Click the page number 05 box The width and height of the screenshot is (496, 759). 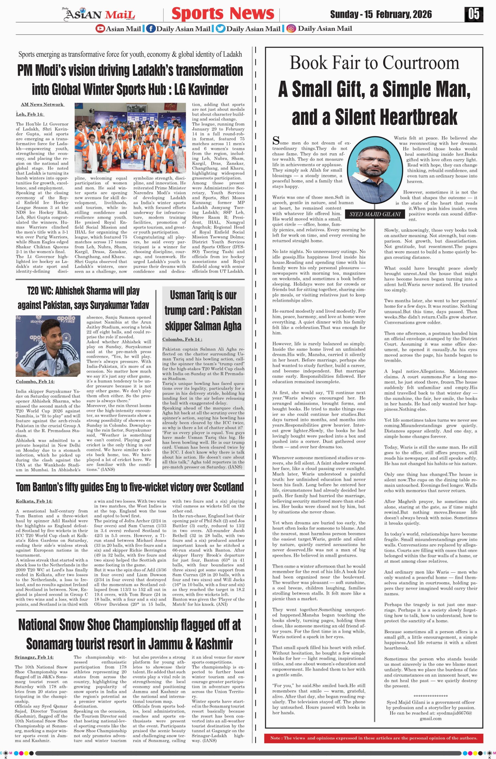[474, 14]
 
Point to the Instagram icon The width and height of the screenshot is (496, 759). [291, 29]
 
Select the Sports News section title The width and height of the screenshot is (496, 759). [223, 14]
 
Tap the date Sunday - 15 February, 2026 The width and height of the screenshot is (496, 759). [381, 14]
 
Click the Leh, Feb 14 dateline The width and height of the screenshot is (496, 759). [30, 114]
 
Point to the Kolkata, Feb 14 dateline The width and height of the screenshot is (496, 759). [34, 501]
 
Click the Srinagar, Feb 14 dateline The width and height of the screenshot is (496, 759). [34, 657]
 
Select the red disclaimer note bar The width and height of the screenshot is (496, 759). [374, 738]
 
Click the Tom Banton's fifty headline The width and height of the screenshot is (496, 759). [130, 487]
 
